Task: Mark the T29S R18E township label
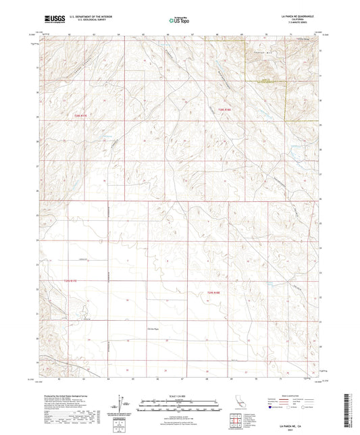pos(213,292)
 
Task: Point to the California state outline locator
pos(240,403)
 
